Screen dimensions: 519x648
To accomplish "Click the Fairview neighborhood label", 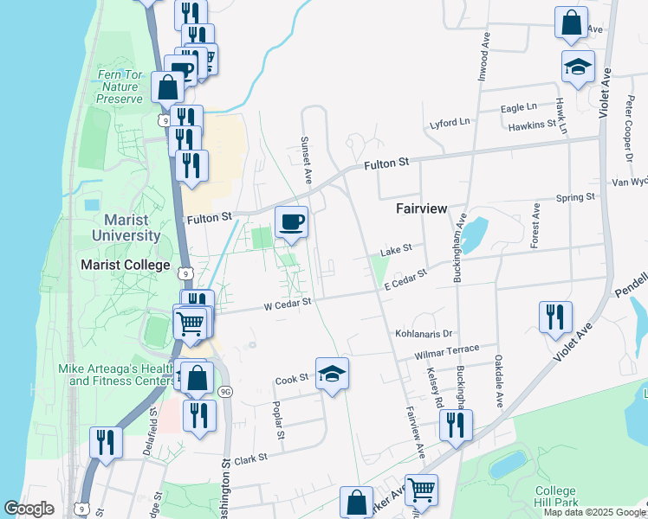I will [x=420, y=208].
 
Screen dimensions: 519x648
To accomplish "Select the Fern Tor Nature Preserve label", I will [x=120, y=87].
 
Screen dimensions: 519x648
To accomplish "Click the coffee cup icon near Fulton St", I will [x=292, y=223].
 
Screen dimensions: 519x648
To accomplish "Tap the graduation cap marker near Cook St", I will [x=332, y=375].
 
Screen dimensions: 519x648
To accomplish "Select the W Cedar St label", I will [x=288, y=303].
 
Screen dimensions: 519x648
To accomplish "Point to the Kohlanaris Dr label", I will [x=424, y=333].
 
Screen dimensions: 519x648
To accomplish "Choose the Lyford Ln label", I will [x=450, y=124].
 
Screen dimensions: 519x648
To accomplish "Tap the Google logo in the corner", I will [x=29, y=509].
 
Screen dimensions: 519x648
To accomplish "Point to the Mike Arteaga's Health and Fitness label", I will [x=117, y=375].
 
